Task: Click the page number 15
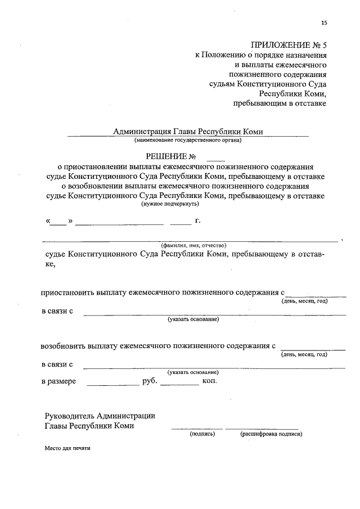click(323, 23)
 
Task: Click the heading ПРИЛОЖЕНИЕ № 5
click(289, 44)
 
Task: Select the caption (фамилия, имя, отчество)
click(193, 245)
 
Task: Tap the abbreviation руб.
click(150, 381)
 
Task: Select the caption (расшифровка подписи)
click(271, 434)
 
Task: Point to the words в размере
click(59, 381)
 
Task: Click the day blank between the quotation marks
click(58, 222)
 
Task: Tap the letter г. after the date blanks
click(197, 220)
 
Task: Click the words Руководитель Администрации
click(100, 416)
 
